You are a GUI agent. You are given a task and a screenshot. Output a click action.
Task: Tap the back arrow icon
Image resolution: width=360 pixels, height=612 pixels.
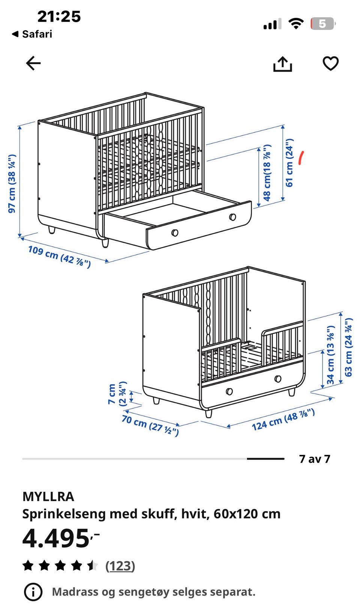(33, 63)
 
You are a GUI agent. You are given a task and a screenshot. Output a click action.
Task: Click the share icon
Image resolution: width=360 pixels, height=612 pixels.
(282, 64)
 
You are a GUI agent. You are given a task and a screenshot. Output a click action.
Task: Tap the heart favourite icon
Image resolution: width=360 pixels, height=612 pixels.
(330, 63)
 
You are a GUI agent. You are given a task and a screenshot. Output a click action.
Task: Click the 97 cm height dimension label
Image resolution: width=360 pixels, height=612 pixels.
(12, 183)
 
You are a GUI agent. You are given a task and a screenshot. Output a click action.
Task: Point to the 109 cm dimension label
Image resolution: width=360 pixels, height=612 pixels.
(59, 257)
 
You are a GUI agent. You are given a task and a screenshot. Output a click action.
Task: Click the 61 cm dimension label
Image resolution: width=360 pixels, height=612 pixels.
(289, 163)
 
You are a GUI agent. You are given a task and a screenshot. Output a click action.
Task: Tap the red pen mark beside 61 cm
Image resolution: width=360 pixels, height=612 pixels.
(301, 158)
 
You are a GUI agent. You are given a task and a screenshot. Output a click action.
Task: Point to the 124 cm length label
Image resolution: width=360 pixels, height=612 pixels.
(283, 420)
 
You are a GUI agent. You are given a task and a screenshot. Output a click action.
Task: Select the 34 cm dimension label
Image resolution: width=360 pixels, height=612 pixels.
(330, 355)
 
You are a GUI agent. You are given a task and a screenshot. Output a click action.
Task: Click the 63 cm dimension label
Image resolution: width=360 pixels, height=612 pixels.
(348, 347)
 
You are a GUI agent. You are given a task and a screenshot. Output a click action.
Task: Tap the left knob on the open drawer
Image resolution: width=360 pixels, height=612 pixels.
(175, 233)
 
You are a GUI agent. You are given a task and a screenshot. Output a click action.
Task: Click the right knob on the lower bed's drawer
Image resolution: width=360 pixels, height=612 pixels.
(278, 379)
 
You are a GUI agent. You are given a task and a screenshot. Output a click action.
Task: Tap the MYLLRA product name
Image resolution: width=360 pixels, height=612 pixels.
(48, 496)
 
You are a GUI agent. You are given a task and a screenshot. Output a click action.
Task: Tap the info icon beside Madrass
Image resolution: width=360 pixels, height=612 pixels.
(33, 592)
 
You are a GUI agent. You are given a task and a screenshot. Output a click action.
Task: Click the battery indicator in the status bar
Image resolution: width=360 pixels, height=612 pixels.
(323, 24)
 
